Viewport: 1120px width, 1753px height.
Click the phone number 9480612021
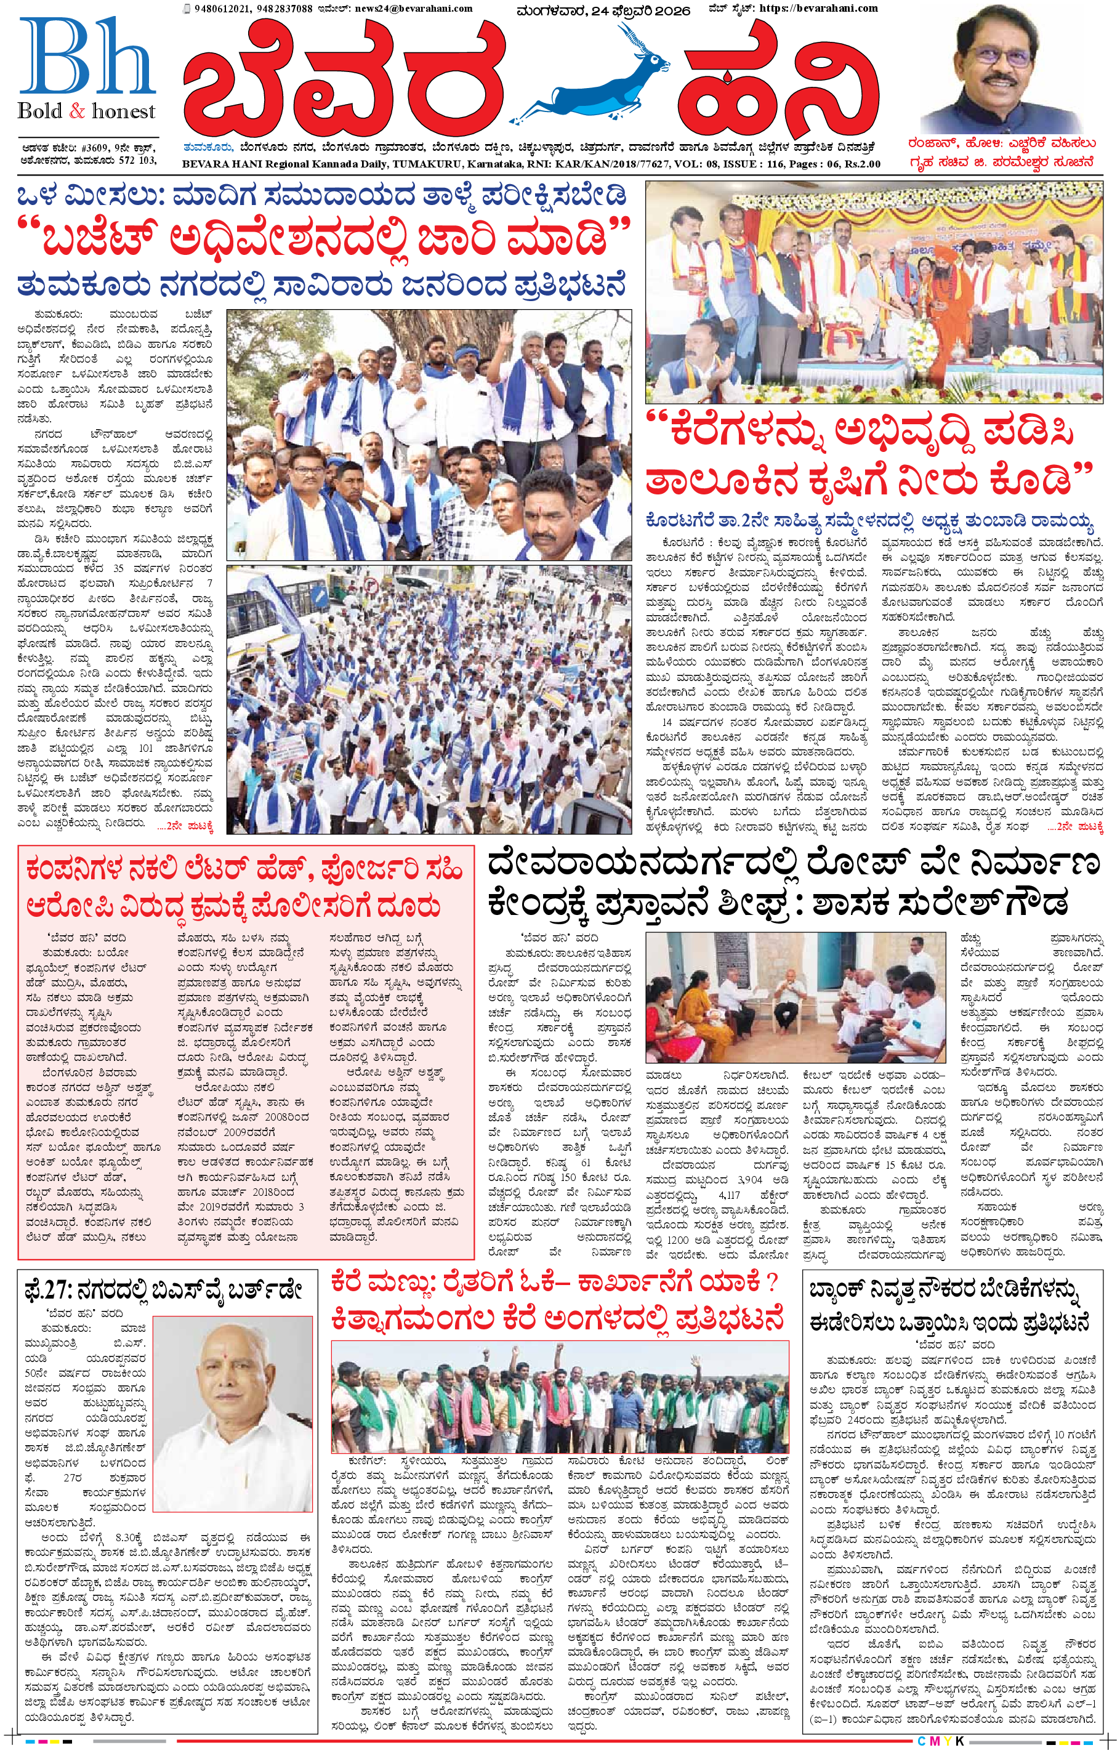click(217, 9)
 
